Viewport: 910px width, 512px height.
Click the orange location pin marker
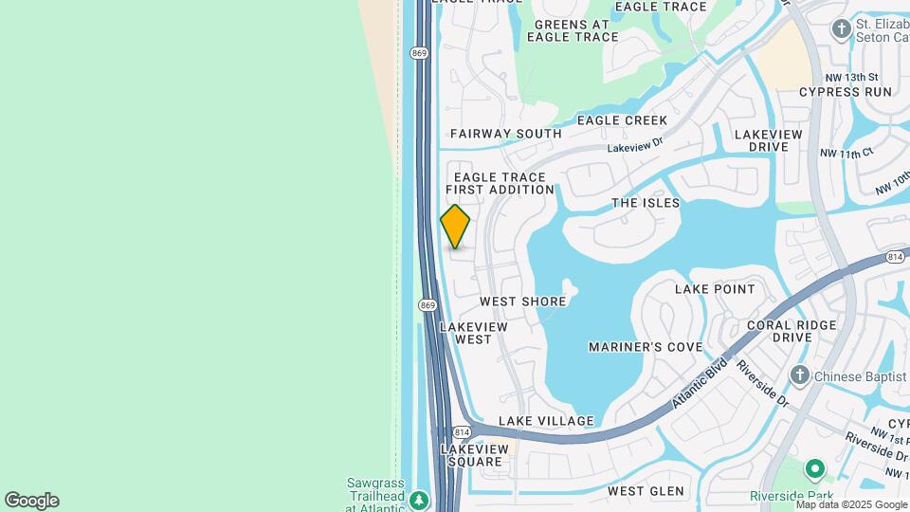click(455, 227)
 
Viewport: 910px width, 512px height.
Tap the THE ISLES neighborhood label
click(646, 203)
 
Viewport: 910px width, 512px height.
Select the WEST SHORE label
click(522, 302)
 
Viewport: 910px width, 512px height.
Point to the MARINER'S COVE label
click(646, 347)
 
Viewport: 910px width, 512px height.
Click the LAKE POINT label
click(715, 289)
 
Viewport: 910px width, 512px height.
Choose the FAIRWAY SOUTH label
click(505, 135)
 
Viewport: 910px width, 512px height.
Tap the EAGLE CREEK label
click(622, 120)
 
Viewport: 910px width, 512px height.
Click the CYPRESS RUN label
click(846, 92)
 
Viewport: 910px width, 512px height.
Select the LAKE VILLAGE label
click(546, 421)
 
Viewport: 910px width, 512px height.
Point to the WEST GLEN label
click(646, 491)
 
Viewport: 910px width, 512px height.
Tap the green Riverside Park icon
click(813, 469)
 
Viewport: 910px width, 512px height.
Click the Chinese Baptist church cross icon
click(800, 375)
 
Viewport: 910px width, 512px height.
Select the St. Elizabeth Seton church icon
click(840, 28)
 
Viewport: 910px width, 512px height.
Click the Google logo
click(31, 501)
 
